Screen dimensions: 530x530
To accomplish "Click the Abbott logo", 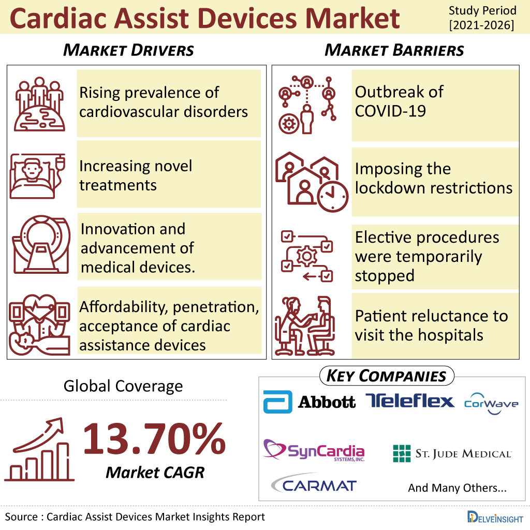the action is point(310,402).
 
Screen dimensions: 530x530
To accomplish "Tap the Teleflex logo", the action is point(410,401).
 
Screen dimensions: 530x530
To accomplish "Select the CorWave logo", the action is point(491,403).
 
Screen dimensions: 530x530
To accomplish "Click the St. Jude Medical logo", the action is point(452,453).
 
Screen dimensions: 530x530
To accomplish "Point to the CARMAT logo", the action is point(314,483).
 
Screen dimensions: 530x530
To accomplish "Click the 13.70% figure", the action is point(154,439).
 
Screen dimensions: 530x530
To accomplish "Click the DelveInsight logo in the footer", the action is point(495,517).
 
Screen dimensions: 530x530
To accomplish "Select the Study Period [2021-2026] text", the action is point(482,18).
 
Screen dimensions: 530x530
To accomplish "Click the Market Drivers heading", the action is point(128,50).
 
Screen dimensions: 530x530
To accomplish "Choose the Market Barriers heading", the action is point(394,50).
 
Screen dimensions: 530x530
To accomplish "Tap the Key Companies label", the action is point(386,376).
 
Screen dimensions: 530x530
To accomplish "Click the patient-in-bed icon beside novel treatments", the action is point(37,176).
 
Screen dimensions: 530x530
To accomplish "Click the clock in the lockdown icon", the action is point(333,197).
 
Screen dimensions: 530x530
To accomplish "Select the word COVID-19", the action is point(390,111).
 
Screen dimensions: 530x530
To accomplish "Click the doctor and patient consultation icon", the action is point(305,326).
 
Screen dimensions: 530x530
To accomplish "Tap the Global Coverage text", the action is point(123,386).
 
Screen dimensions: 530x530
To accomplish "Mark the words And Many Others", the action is point(458,488).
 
